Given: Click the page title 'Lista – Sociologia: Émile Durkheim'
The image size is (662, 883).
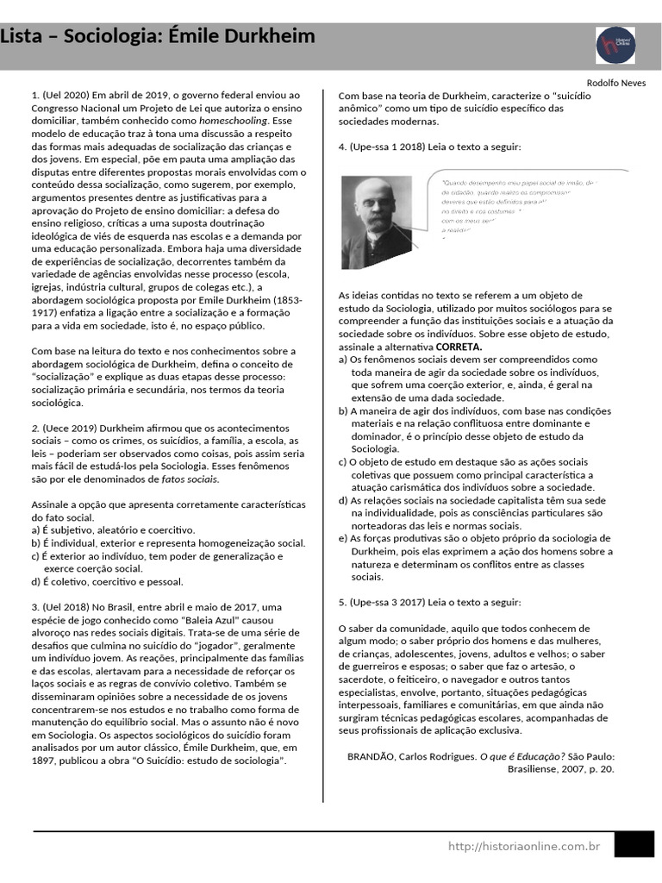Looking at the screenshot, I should click(158, 37).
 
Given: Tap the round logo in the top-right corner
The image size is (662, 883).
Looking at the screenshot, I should click(615, 45).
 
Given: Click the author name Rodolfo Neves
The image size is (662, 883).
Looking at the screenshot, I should click(621, 83).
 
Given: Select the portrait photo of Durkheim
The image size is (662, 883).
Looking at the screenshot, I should click(376, 222).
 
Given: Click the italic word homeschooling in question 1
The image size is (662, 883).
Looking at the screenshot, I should click(233, 122).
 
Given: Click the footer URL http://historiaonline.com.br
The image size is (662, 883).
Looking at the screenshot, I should click(523, 847).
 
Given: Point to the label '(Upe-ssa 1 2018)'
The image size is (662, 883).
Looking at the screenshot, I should click(389, 147).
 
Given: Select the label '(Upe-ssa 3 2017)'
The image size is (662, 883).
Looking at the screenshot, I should click(389, 602).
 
